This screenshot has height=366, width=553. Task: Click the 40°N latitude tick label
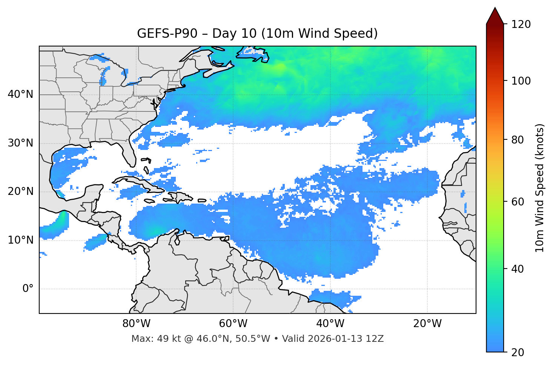[20, 94]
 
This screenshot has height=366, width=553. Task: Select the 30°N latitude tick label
[20, 143]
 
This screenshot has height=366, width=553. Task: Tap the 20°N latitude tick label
[20, 191]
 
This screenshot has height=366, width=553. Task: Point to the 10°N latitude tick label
[20, 240]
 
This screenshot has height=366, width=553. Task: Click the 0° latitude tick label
[28, 289]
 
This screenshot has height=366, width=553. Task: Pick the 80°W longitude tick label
[136, 324]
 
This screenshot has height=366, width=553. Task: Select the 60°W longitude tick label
[233, 324]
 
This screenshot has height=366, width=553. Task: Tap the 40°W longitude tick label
[330, 324]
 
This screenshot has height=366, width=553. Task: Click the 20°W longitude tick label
[427, 324]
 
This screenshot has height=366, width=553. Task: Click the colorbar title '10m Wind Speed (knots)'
[540, 188]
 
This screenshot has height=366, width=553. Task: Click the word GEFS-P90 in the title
[167, 34]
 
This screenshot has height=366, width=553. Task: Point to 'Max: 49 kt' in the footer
[149, 339]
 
